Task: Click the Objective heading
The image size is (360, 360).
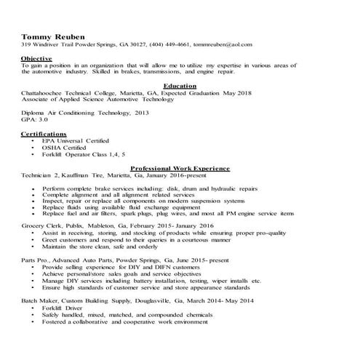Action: (36, 57)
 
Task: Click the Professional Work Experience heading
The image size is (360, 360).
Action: (180, 167)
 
